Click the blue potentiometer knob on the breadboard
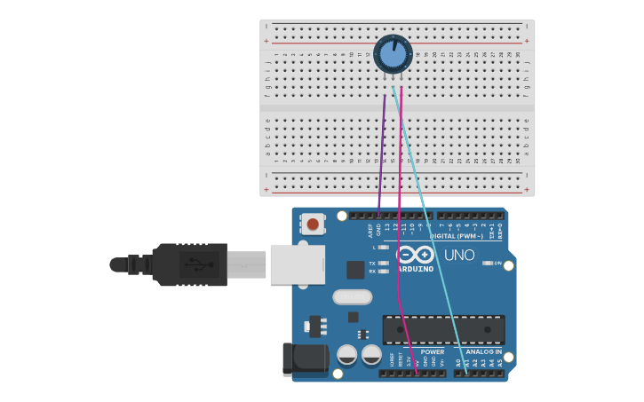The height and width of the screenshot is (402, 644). [393, 54]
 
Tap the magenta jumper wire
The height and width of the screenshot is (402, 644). [400, 177]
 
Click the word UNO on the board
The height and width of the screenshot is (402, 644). [459, 255]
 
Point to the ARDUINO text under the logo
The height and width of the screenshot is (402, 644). [415, 268]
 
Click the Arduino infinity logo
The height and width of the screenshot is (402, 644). [415, 254]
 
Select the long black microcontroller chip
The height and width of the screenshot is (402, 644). [443, 329]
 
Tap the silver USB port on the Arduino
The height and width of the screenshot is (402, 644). [297, 264]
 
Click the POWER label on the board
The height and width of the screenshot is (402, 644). [433, 352]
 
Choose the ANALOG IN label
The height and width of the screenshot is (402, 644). [485, 352]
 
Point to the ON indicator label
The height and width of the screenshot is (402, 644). [497, 263]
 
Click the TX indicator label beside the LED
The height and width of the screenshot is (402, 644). [372, 263]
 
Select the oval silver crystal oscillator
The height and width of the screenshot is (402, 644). [352, 296]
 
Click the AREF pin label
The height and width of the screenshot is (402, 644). [370, 230]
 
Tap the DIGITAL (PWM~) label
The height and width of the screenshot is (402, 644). [457, 236]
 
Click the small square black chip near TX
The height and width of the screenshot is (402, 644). [355, 270]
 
